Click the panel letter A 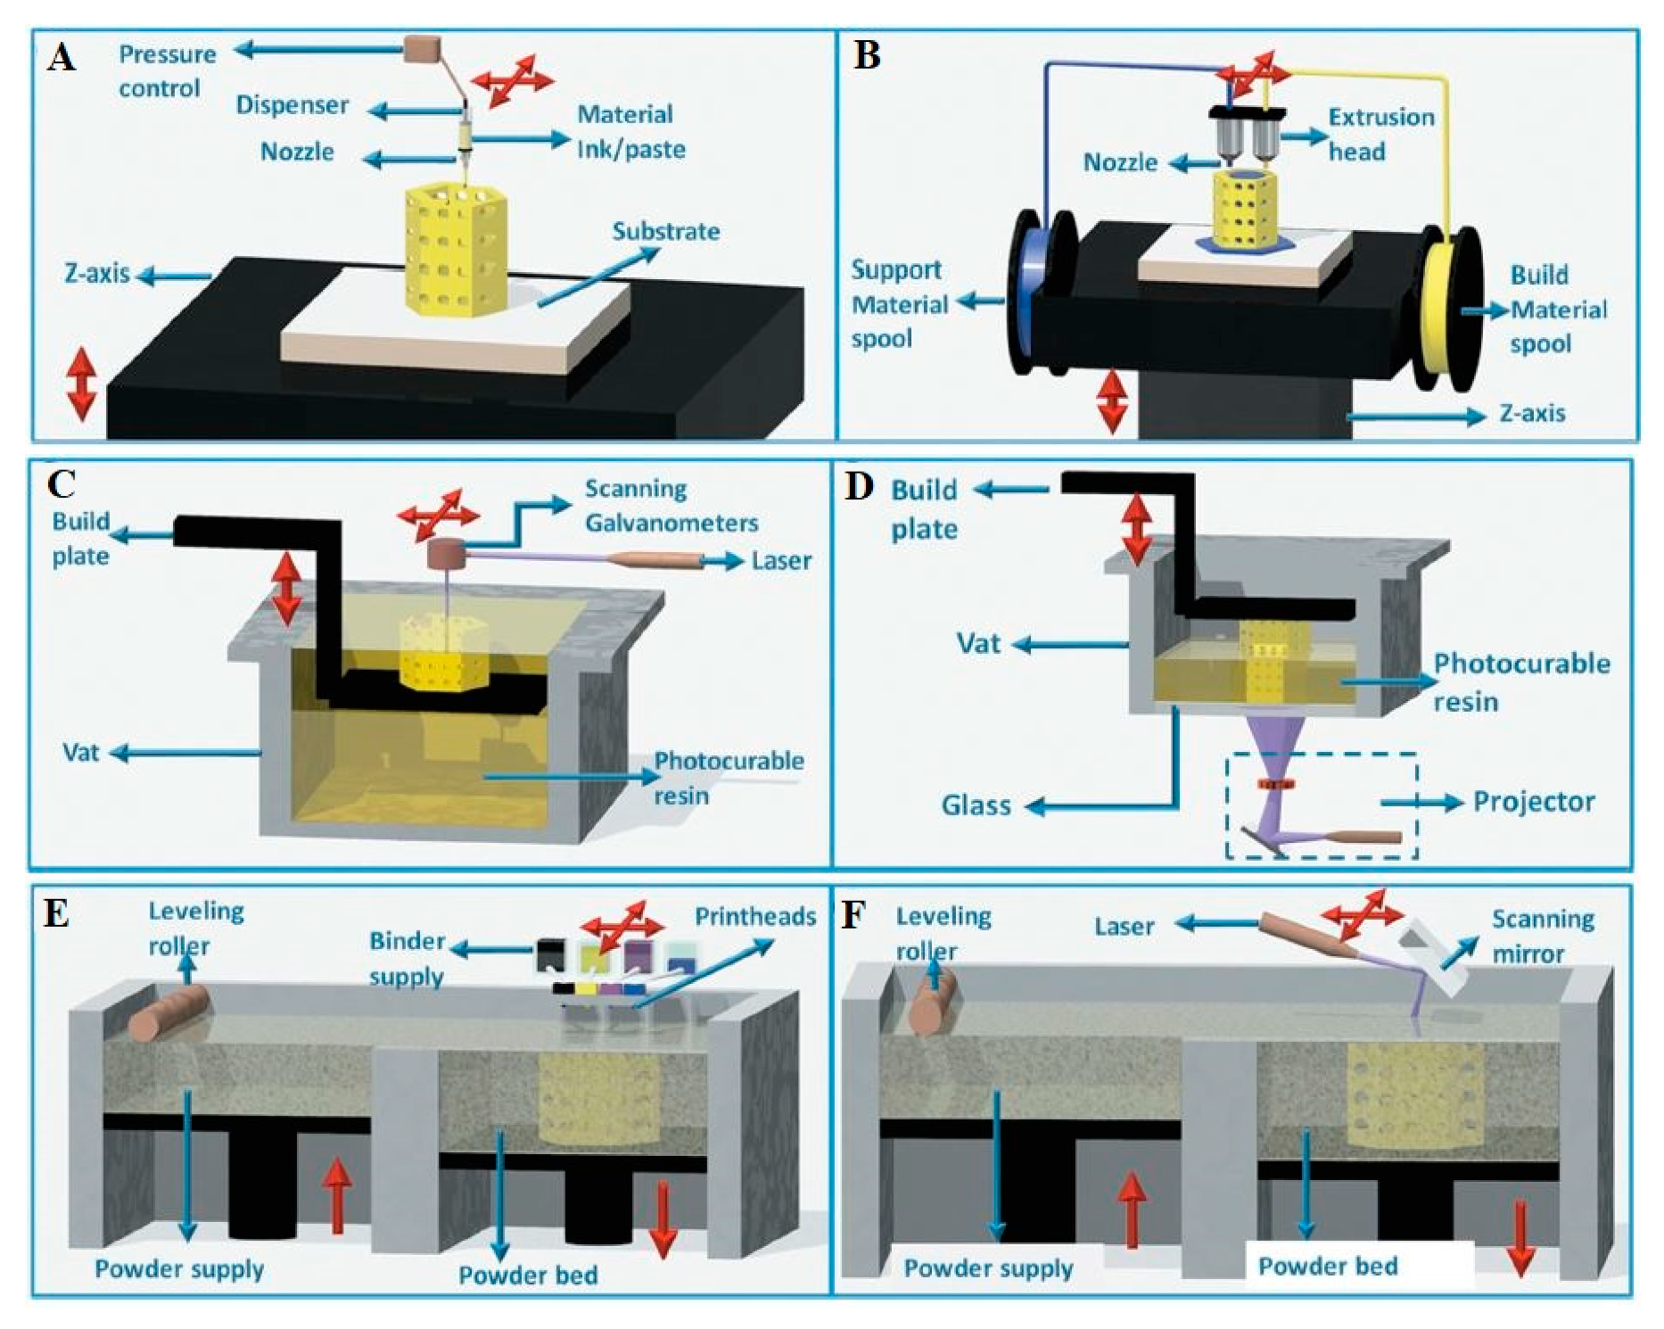62,59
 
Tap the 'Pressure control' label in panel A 166,71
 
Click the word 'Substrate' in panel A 665,232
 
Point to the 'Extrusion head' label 1380,134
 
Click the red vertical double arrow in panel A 81,384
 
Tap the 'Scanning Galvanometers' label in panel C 670,506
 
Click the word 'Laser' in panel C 781,561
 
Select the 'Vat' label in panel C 80,753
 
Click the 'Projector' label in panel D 1533,802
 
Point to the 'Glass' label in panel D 976,806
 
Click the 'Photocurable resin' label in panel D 1520,682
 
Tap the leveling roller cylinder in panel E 169,1013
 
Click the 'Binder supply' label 407,959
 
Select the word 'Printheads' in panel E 754,917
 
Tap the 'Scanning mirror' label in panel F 1542,937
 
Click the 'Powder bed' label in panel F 1327,1267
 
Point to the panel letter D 858,487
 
